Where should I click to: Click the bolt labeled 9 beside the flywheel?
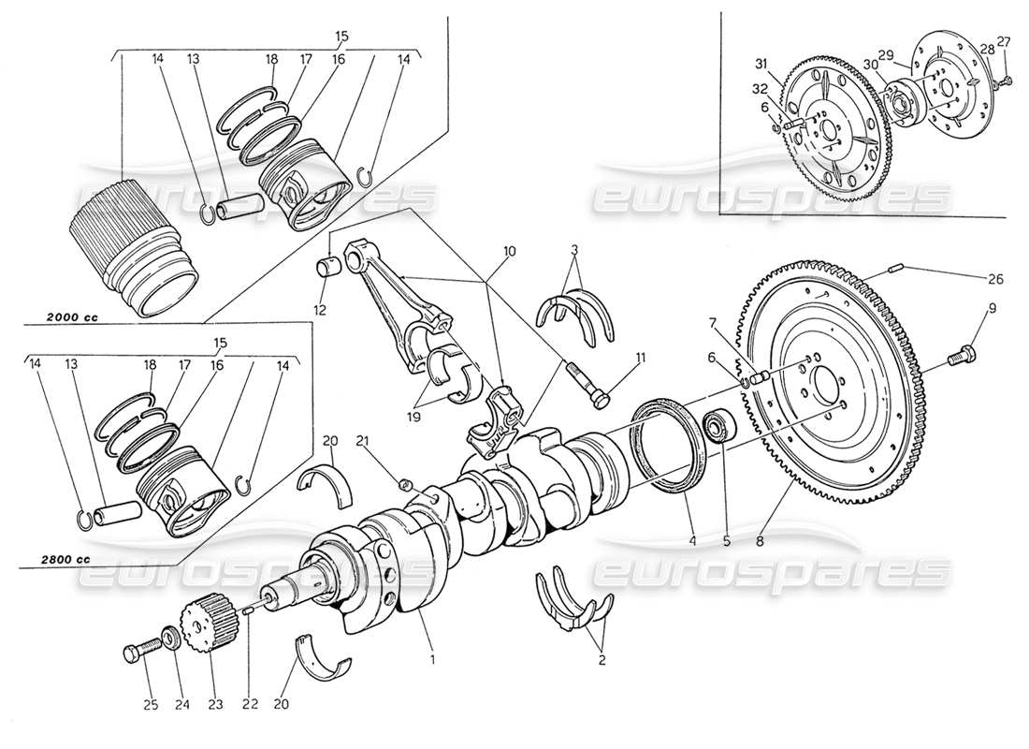pyautogui.click(x=959, y=357)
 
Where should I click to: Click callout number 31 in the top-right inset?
pyautogui.click(x=761, y=64)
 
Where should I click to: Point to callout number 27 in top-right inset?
pyautogui.click(x=1003, y=40)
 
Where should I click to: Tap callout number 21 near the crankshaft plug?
pyautogui.click(x=366, y=439)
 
